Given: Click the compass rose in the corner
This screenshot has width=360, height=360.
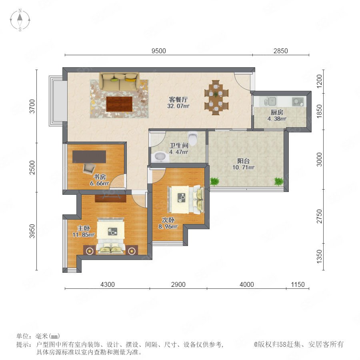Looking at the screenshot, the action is click(20, 20).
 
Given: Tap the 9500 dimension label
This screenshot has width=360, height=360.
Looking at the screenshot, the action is click(159, 51).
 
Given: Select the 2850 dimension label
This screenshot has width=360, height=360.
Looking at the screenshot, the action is click(280, 51).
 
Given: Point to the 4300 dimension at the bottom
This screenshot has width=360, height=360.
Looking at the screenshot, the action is click(108, 284).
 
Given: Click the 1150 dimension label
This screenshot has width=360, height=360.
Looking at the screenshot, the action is click(298, 284).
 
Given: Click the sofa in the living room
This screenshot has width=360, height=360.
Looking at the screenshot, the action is click(119, 82).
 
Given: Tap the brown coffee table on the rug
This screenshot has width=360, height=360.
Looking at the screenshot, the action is click(119, 104).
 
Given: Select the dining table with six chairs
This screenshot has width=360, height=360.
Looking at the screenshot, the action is click(216, 97).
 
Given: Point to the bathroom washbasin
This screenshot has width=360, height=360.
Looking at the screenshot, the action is click(160, 156).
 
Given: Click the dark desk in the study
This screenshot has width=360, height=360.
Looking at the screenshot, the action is click(89, 156).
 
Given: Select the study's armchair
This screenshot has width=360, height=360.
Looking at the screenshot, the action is click(89, 168).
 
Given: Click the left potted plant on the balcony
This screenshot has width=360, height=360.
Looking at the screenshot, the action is click(215, 181).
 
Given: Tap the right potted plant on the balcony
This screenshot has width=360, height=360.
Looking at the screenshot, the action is click(279, 181).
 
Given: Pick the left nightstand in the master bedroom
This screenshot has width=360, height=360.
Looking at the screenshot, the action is click(89, 250).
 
